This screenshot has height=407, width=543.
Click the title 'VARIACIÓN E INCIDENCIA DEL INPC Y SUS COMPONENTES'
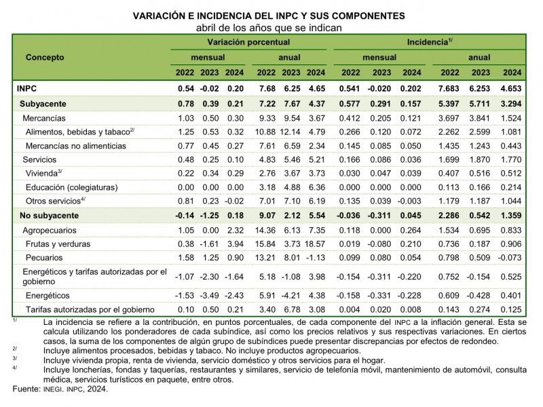pyautogui.click(x=271, y=15)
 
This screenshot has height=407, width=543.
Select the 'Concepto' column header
pyautogui.click(x=45, y=57)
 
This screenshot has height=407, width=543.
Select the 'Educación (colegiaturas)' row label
pyautogui.click(x=71, y=187)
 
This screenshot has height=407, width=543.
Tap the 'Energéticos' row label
pyautogui.click(x=48, y=296)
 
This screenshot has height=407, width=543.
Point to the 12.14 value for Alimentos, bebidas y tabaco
pyautogui.click(x=291, y=132)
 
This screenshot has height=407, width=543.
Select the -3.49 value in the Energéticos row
pyautogui.click(x=210, y=296)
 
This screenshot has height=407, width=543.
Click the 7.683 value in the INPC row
pyautogui.click(x=451, y=89)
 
